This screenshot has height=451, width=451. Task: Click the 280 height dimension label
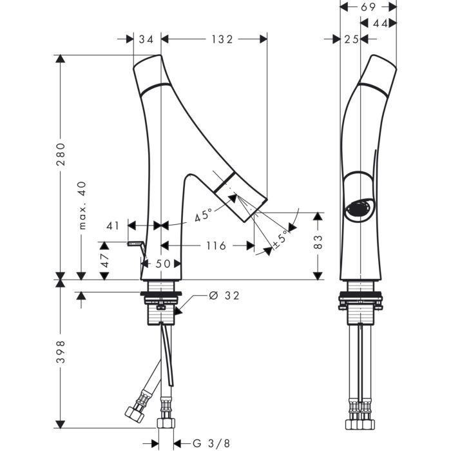point(61,154)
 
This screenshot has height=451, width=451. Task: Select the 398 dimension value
point(61,352)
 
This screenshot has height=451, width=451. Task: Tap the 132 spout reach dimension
point(222,39)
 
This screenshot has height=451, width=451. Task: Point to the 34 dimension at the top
point(146,39)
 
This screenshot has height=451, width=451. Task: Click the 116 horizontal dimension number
point(216,245)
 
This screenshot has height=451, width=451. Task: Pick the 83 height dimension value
point(318,242)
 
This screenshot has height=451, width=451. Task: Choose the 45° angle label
point(204,215)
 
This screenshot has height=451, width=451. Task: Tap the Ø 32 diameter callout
point(224,296)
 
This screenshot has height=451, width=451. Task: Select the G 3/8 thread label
point(211,443)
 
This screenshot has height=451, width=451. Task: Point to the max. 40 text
point(82,206)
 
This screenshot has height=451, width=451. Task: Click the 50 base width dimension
point(163,264)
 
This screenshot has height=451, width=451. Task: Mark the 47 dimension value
point(104,260)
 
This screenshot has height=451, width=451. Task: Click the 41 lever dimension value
point(113,225)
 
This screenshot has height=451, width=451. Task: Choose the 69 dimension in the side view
point(369,7)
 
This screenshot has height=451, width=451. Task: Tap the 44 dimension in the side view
point(381,23)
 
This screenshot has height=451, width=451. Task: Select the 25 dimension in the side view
point(352,39)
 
